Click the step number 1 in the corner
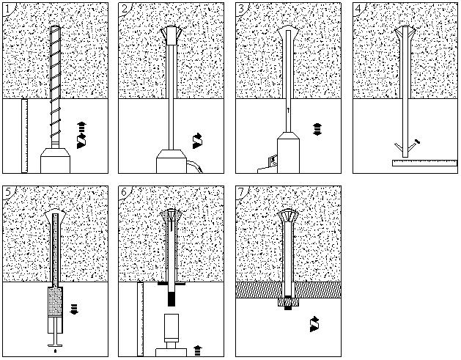(8, 9)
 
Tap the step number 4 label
(360, 9)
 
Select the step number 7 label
(243, 192)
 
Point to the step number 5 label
(8, 192)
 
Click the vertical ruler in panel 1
(24, 136)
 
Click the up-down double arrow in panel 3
(317, 129)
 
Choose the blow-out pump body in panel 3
(289, 154)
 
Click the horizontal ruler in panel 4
(424, 163)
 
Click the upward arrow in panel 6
(198, 350)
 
